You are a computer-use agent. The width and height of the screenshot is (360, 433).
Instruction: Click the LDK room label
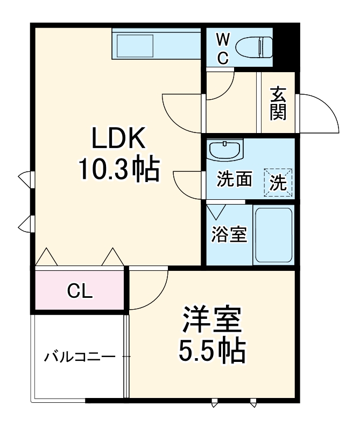tap(119, 139)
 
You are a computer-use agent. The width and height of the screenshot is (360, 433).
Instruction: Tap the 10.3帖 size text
tap(119, 170)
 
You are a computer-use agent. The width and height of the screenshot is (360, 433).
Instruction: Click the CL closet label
tap(80, 291)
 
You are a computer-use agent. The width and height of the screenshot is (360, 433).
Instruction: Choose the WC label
tap(223, 48)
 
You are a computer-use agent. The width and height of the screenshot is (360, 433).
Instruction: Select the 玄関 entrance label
tap(278, 103)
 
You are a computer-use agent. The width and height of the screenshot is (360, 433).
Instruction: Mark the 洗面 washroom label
tap(234, 180)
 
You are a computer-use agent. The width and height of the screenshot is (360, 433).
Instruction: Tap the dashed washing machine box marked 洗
tap(278, 182)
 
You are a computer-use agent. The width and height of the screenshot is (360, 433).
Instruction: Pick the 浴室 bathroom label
tap(229, 235)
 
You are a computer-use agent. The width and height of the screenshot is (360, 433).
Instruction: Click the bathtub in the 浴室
tap(273, 235)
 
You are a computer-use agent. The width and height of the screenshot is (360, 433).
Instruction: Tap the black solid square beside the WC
tap(286, 46)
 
